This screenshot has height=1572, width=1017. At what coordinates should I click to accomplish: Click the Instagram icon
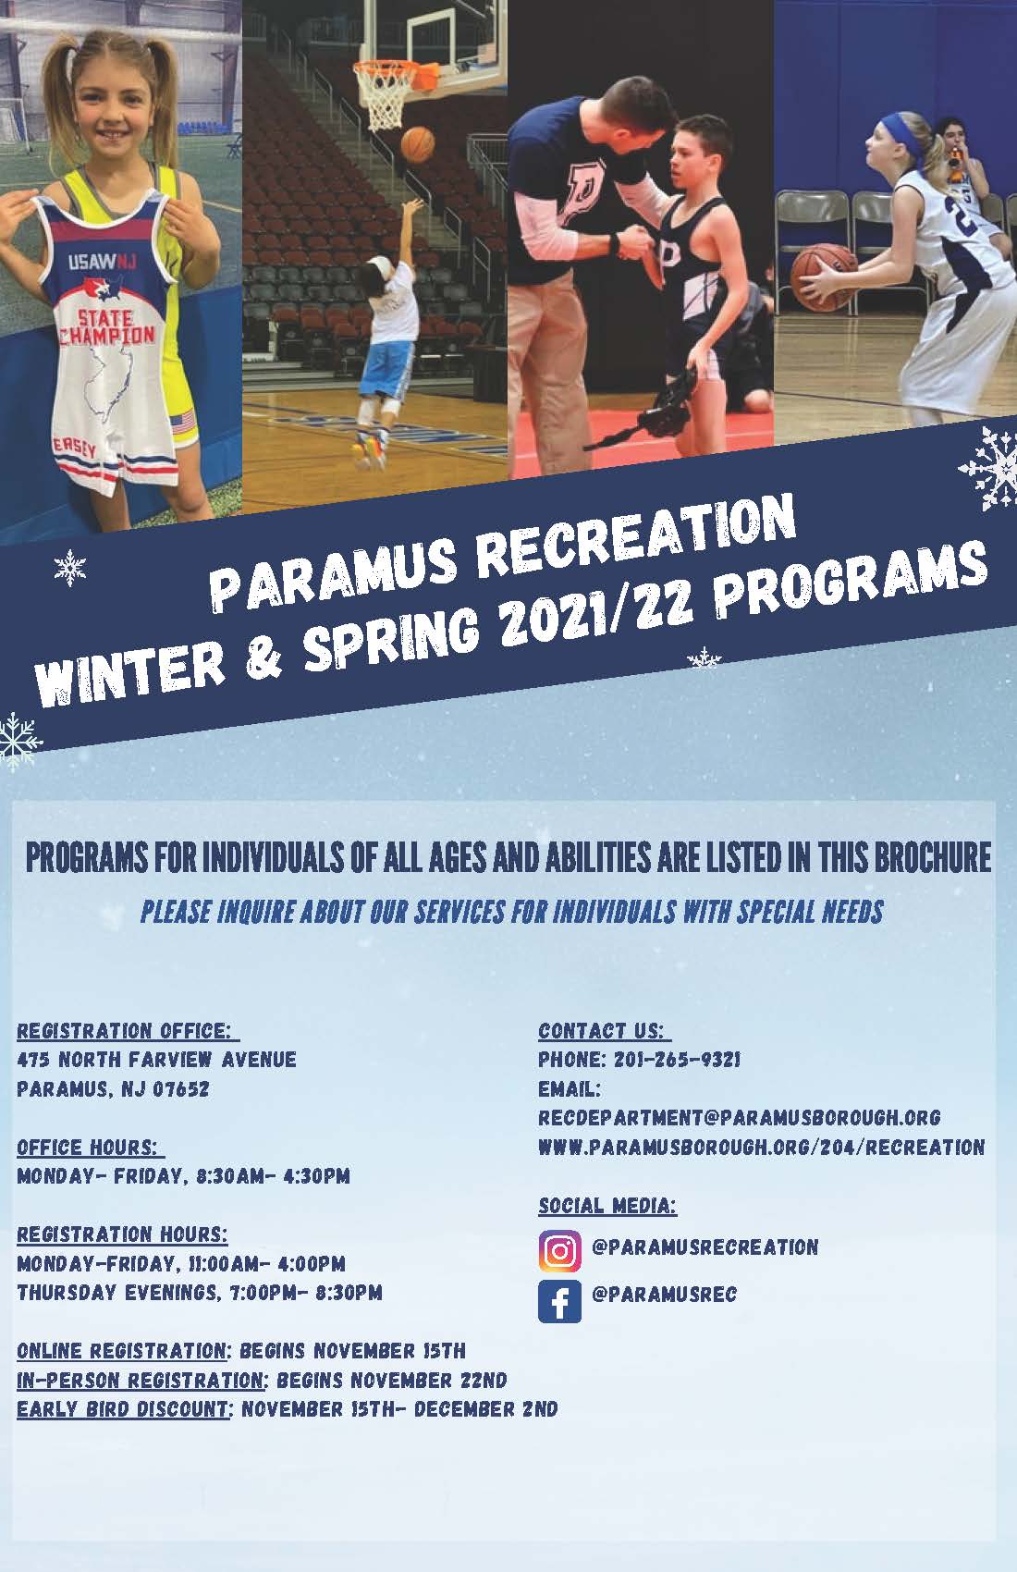coord(559,1251)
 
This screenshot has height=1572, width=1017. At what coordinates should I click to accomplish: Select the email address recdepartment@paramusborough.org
coord(739,1118)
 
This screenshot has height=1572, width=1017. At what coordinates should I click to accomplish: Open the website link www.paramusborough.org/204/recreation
coord(761,1148)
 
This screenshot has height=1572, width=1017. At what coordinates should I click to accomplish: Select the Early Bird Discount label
coord(124,1410)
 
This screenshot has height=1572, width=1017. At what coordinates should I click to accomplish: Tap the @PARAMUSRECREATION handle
coord(705,1247)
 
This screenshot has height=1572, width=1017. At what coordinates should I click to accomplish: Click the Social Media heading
coord(607,1206)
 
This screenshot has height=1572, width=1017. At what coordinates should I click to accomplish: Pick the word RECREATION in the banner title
coord(638,538)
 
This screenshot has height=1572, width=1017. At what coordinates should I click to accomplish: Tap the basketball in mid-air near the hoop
coord(418,143)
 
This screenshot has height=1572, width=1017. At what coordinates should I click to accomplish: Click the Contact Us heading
coord(602,1031)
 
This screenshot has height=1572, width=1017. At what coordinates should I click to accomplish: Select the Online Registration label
coord(121,1352)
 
